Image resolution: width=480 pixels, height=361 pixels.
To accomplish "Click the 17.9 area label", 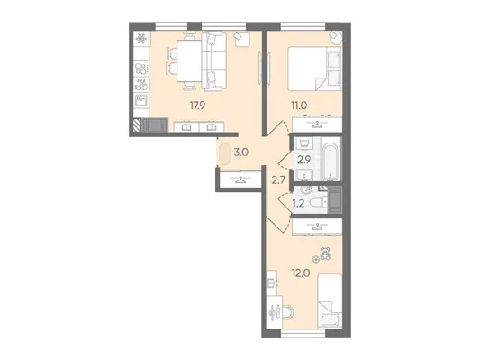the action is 197,106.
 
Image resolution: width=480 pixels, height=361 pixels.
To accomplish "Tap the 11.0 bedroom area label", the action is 298,106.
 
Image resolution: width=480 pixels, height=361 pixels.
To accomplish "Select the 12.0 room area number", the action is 301,273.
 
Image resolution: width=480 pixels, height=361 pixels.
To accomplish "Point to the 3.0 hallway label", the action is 241,153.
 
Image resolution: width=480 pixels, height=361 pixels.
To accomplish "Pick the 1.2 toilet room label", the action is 298,203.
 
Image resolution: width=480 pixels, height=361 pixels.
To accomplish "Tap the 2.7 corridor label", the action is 278,180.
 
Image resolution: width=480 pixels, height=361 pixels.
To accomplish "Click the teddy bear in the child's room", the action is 325,254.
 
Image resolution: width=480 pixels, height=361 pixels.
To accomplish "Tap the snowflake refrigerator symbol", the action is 141,38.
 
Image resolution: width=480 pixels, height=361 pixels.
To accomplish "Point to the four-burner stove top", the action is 141,68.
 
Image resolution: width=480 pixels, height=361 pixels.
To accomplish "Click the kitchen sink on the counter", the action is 141,100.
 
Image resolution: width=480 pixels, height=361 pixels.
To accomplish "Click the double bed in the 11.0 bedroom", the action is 314,69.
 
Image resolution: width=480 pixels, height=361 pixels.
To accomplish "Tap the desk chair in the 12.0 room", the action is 287,312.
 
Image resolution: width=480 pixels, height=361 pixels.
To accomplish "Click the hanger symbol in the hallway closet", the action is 239,180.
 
